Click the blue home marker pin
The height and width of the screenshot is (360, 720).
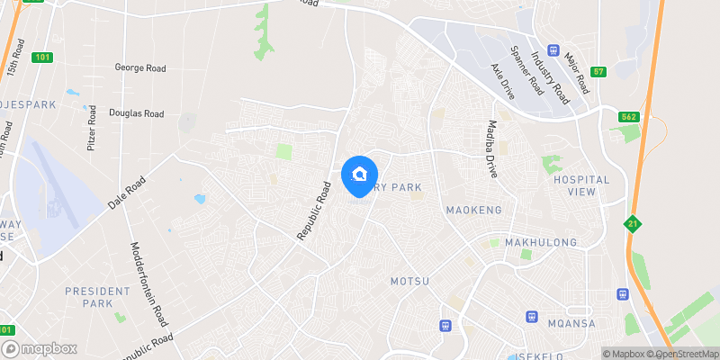click(x=360, y=174)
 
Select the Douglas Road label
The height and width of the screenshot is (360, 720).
click(x=136, y=113)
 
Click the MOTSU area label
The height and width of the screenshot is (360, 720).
click(x=409, y=282)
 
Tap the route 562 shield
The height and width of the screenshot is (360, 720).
click(x=629, y=116)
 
